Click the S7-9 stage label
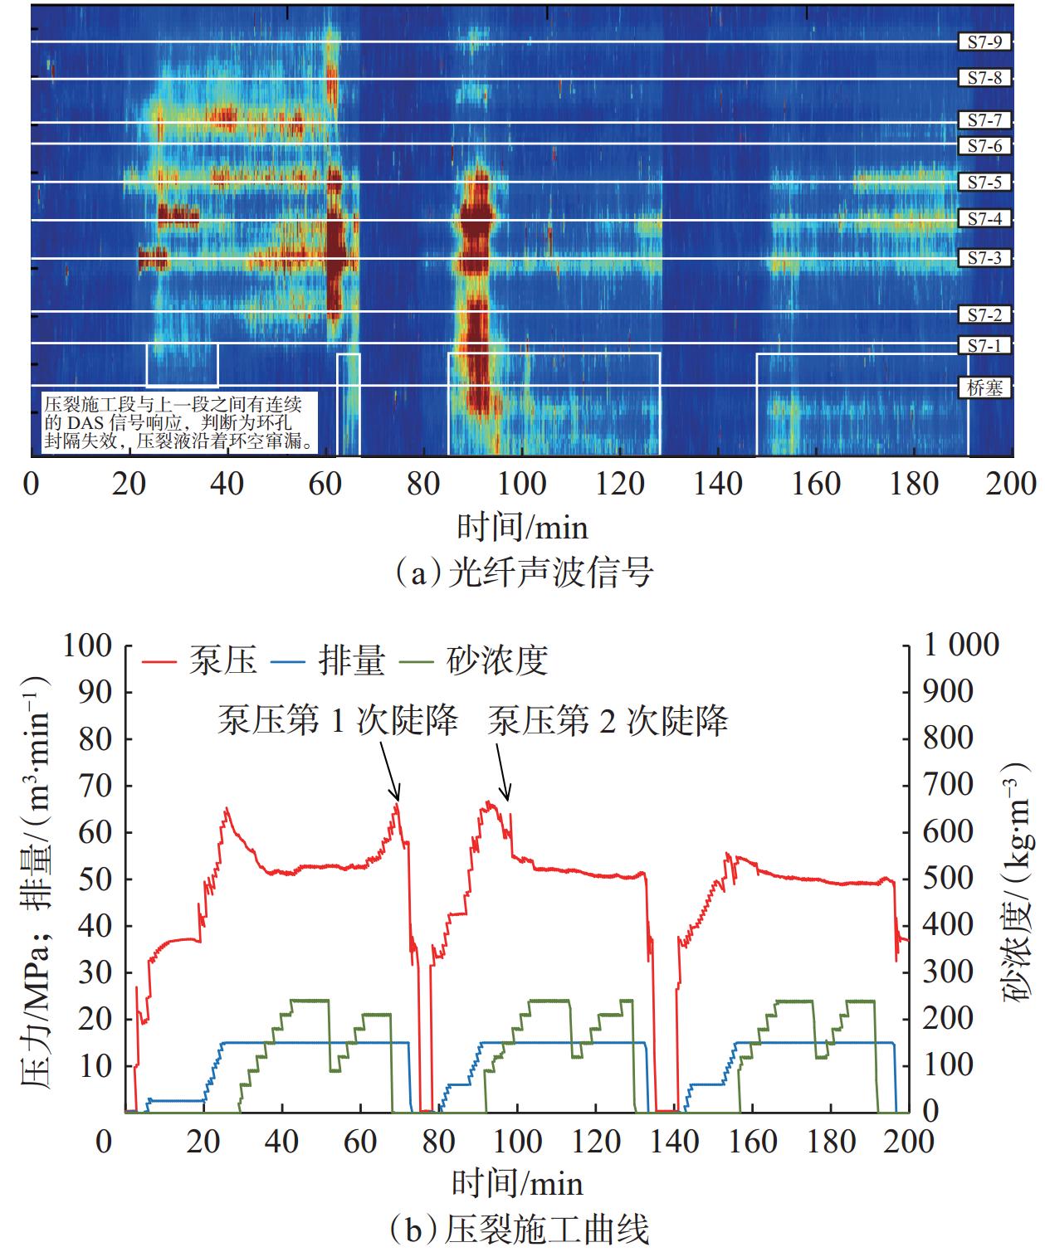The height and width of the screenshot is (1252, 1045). pyautogui.click(x=984, y=41)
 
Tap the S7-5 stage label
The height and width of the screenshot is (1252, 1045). pyautogui.click(x=984, y=182)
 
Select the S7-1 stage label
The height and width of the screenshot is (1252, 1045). pyautogui.click(x=984, y=344)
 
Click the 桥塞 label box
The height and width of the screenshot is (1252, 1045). pyautogui.click(x=984, y=387)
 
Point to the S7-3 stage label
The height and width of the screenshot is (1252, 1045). pyautogui.click(x=984, y=258)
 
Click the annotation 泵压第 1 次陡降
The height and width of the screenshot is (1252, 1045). pyautogui.click(x=338, y=720)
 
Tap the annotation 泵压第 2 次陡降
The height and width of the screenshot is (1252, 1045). pyautogui.click(x=608, y=720)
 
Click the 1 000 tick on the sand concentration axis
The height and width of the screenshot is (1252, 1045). pyautogui.click(x=962, y=645)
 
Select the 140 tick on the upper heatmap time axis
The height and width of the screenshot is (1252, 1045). pyautogui.click(x=719, y=484)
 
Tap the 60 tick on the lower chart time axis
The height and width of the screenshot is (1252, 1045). pyautogui.click(x=360, y=1142)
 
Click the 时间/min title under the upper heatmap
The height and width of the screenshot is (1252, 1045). pyautogui.click(x=521, y=527)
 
